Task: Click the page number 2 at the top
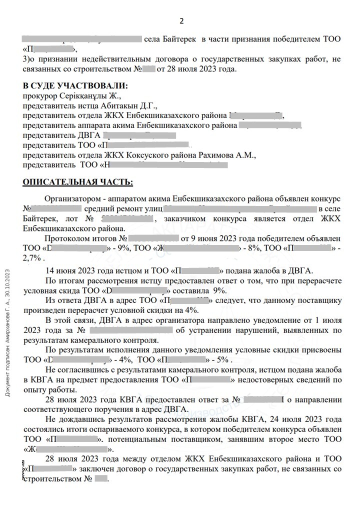pyautogui.click(x=181, y=20)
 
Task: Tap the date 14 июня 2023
pyautogui.click(x=71, y=270)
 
